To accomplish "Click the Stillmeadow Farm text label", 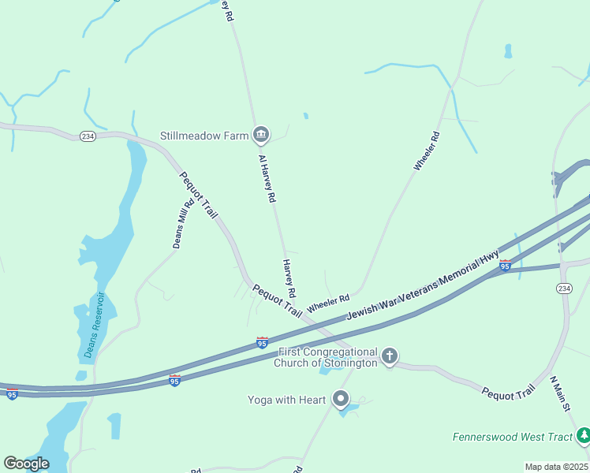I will tap(204, 136).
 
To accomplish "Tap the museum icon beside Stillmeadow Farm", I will tap(261, 136).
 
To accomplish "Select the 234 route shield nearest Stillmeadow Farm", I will tap(88, 136).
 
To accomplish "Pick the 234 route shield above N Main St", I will tap(563, 289).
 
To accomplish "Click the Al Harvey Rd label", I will tap(267, 179).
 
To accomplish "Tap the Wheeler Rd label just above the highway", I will tap(328, 303).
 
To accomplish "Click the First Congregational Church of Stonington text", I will tap(326, 357).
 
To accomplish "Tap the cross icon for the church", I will tap(389, 356).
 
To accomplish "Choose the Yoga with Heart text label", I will tap(286, 400).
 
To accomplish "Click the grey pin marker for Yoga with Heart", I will tap(341, 399).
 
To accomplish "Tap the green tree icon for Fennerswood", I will tap(583, 434).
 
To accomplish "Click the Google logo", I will tap(26, 464).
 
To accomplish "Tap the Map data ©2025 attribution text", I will tap(556, 467).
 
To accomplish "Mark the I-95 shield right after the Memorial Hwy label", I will tap(505, 265).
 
